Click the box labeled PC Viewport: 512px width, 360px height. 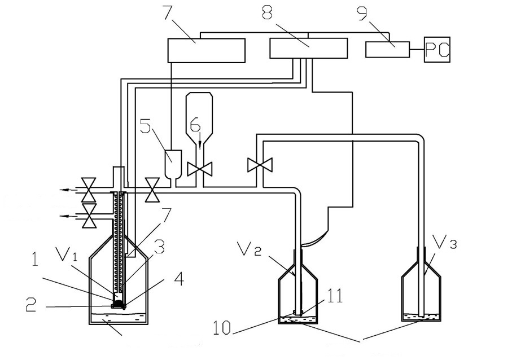[x=437, y=49]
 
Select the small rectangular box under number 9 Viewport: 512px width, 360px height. [x=388, y=50]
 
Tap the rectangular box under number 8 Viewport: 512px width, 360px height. [x=308, y=48]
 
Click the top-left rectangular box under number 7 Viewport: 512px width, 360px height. [x=207, y=50]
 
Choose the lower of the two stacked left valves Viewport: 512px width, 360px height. [x=89, y=216]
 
